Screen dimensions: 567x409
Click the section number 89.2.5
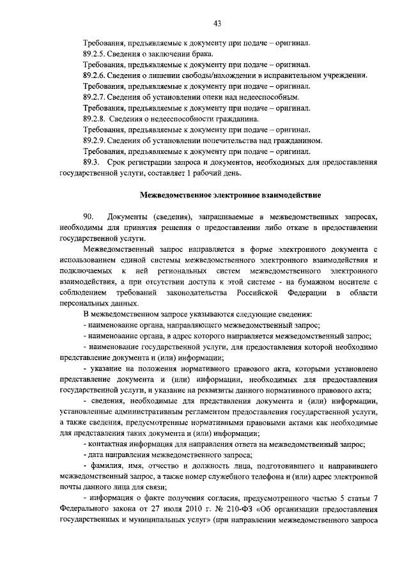tap(96, 54)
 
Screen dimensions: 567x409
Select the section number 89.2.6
tap(96, 75)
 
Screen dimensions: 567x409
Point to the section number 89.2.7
tap(96, 97)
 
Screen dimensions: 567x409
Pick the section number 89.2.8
tap(96, 119)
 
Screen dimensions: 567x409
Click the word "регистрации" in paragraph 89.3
tap(148, 162)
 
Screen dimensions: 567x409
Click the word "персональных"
tap(82, 304)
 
